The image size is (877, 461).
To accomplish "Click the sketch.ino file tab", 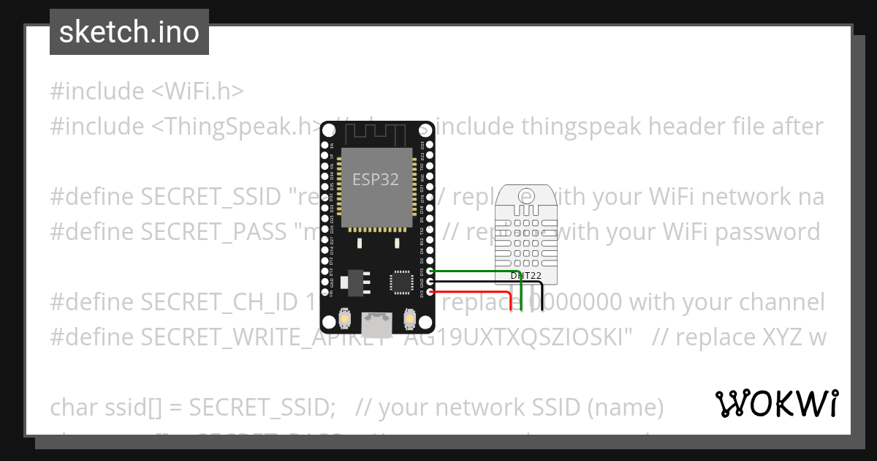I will [x=129, y=32].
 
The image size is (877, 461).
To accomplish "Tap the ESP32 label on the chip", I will [x=376, y=179].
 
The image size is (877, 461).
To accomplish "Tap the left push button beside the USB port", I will [x=344, y=320].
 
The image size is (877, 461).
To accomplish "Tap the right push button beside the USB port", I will [x=410, y=320].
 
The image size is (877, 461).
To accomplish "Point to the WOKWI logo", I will [x=776, y=403].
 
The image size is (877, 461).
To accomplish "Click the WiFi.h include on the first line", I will [x=197, y=91].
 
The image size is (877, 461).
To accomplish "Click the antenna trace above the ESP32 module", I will [x=377, y=132].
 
